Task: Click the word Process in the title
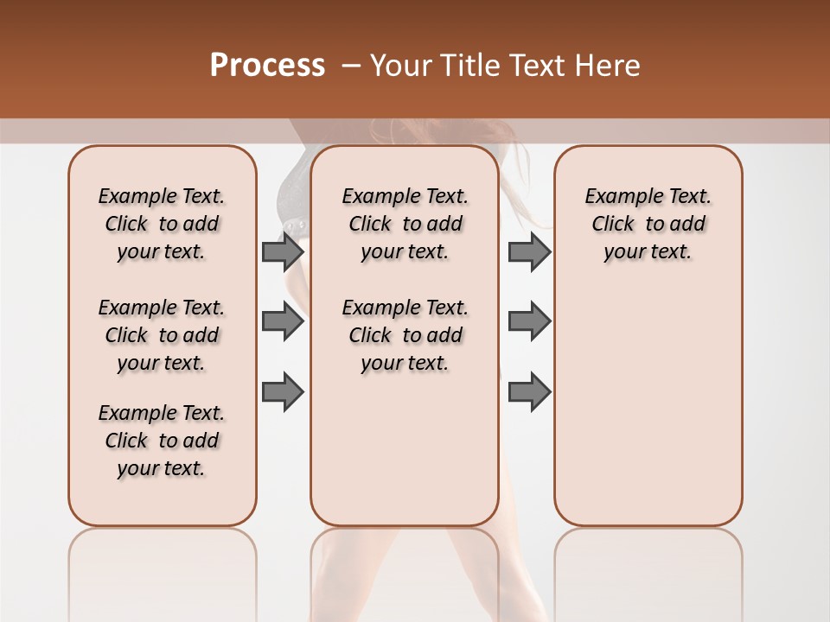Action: pyautogui.click(x=267, y=66)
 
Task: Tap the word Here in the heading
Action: pyautogui.click(x=608, y=66)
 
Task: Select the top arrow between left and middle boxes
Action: pyautogui.click(x=283, y=251)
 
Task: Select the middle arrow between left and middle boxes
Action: pyautogui.click(x=283, y=322)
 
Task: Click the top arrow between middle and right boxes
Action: pyautogui.click(x=529, y=251)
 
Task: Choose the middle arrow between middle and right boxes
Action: pyautogui.click(x=529, y=321)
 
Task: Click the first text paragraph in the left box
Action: pyautogui.click(x=162, y=224)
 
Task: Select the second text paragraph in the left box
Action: pyautogui.click(x=162, y=335)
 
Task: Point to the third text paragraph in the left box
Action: pyautogui.click(x=162, y=441)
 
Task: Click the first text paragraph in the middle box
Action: pyautogui.click(x=405, y=224)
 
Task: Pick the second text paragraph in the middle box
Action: pyautogui.click(x=405, y=335)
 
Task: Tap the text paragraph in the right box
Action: pyautogui.click(x=648, y=224)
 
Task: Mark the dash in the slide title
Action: pyautogui.click(x=350, y=66)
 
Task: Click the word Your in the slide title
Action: pyautogui.click(x=400, y=66)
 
